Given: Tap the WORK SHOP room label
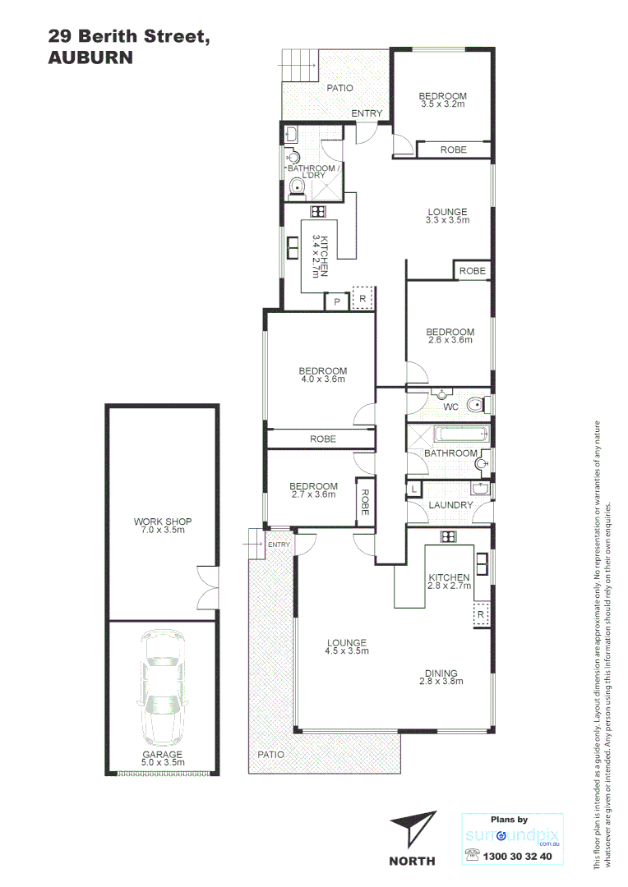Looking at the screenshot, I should click(x=161, y=526).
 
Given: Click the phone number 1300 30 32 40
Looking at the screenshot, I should click(x=519, y=855).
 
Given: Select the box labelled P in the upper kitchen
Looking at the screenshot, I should click(x=336, y=302).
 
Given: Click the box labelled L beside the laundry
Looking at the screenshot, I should click(x=413, y=489).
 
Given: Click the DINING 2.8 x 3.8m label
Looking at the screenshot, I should click(x=438, y=678).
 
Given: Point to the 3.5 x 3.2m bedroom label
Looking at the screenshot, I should click(x=443, y=100).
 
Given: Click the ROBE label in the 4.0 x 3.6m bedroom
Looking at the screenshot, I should click(x=323, y=439).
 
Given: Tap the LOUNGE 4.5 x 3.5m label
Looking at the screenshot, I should click(x=346, y=647).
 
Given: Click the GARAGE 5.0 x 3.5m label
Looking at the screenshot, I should click(x=161, y=758).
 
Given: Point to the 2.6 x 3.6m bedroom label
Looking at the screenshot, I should click(x=450, y=335).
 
